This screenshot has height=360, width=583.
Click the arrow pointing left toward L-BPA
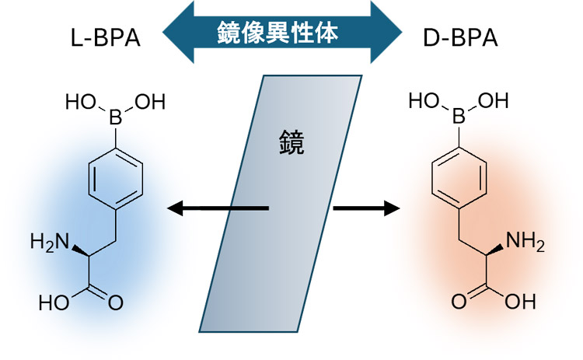(x=218, y=208)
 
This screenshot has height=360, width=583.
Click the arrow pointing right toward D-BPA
(x=364, y=208)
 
